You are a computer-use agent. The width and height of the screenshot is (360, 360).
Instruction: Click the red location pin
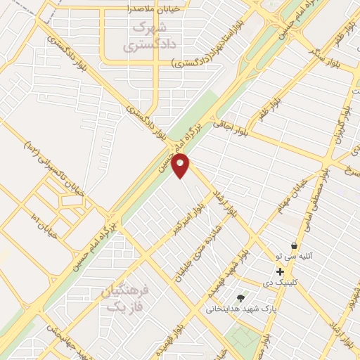point(181,166)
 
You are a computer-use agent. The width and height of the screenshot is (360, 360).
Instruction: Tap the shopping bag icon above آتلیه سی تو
point(293,246)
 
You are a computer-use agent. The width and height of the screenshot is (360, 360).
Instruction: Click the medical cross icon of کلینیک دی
point(280,271)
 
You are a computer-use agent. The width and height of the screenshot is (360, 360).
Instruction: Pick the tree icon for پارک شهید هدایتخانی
point(240,297)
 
